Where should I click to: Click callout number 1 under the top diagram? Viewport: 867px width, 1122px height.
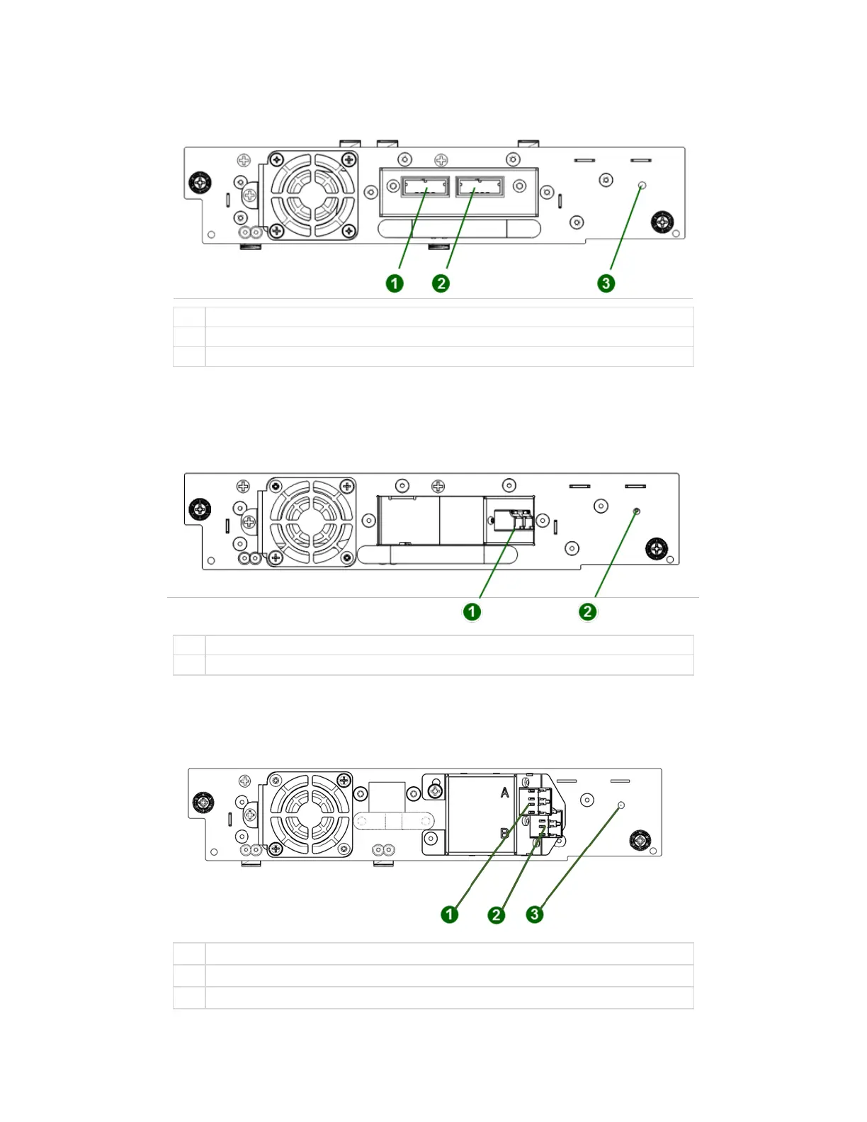[395, 283]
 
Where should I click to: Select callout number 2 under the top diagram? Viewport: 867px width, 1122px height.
[441, 283]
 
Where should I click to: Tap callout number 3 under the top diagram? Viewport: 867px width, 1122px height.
[606, 283]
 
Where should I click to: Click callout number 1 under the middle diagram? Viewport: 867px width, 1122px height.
[472, 611]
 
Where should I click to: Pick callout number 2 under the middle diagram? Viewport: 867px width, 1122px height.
[587, 611]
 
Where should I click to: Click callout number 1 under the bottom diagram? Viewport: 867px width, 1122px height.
[449, 914]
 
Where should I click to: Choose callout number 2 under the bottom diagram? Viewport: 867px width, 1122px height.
[496, 914]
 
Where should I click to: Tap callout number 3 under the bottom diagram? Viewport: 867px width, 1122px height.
[535, 914]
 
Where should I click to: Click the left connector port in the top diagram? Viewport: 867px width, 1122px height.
[425, 186]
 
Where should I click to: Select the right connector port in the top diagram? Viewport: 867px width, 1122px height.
[480, 186]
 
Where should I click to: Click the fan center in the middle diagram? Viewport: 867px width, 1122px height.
[311, 521]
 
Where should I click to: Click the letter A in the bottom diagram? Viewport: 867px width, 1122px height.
[505, 792]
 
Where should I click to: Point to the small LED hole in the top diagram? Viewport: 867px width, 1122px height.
[642, 186]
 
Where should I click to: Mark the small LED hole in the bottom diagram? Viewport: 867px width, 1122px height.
[621, 805]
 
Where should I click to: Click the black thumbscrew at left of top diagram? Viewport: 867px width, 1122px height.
[200, 183]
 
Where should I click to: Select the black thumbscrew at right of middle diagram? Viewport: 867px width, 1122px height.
[657, 548]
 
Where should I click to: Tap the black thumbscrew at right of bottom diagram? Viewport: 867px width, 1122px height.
[640, 840]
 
